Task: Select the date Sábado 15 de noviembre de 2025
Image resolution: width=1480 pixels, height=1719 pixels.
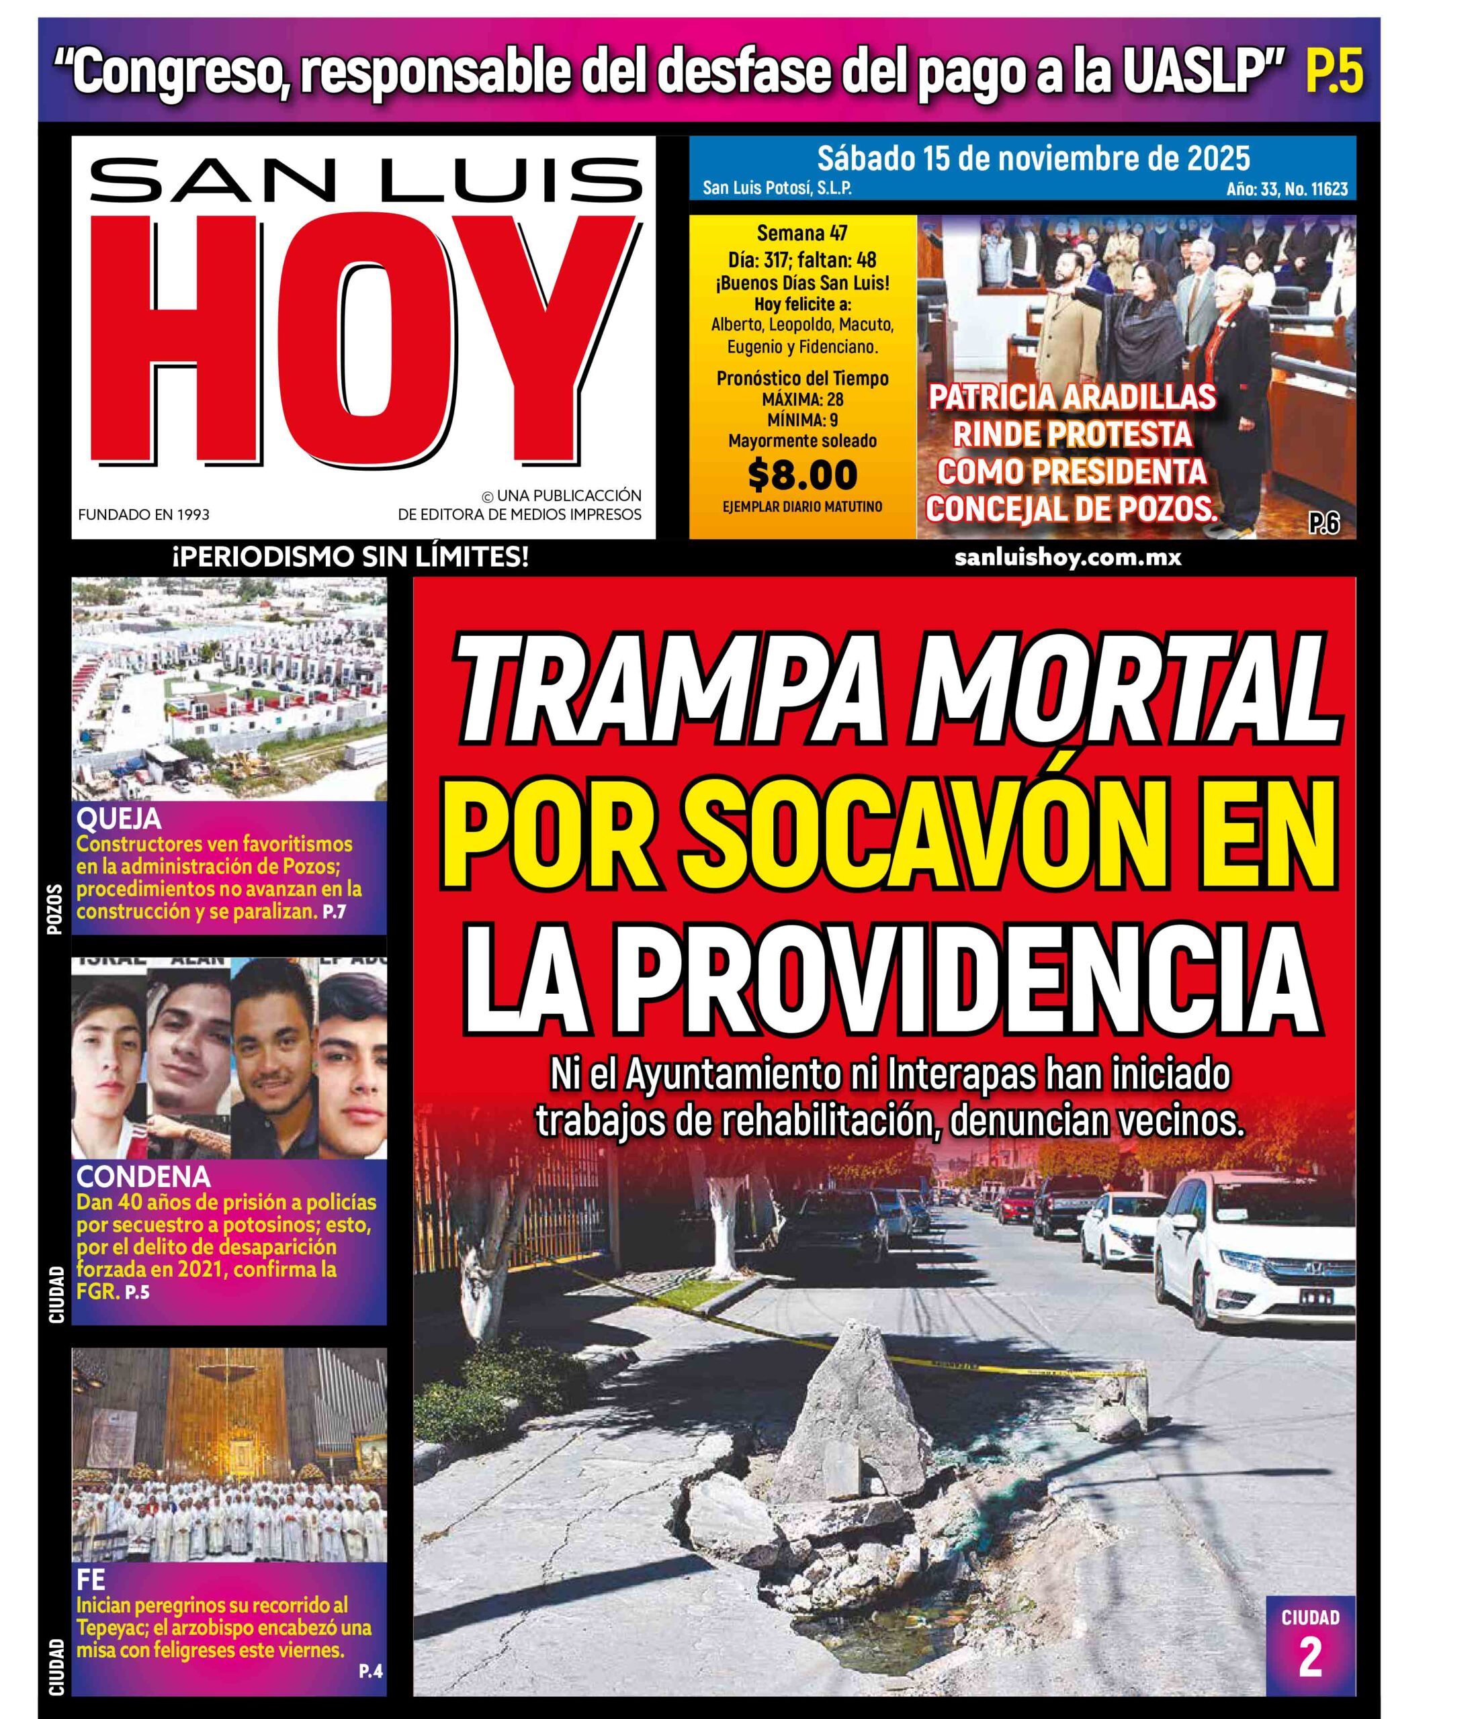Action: [x=1033, y=158]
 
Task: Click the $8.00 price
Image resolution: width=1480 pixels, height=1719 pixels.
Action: [x=802, y=475]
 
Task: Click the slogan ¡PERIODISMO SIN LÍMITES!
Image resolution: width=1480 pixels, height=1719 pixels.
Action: [x=349, y=557]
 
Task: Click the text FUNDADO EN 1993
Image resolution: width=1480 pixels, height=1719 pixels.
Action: [x=144, y=514]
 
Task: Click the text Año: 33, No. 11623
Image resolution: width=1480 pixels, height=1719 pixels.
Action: [x=1287, y=189]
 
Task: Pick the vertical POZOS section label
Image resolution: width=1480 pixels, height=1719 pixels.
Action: [x=56, y=910]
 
